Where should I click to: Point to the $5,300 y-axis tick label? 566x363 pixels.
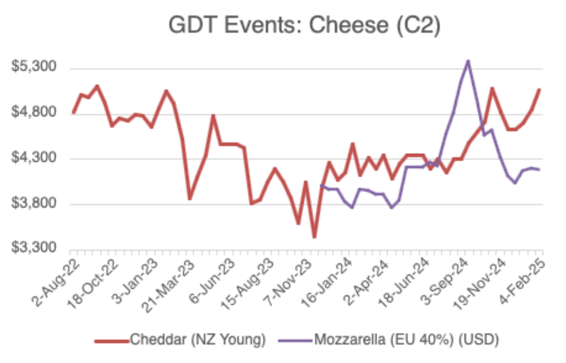(x=34, y=68)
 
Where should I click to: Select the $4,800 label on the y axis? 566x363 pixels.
(x=34, y=113)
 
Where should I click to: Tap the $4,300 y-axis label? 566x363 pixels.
(x=34, y=159)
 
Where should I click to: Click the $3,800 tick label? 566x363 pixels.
(x=34, y=204)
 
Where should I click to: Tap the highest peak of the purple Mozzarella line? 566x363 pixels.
(x=467, y=61)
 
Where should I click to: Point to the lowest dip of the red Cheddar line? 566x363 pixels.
(x=314, y=237)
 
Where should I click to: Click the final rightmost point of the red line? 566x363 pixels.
(x=539, y=89)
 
